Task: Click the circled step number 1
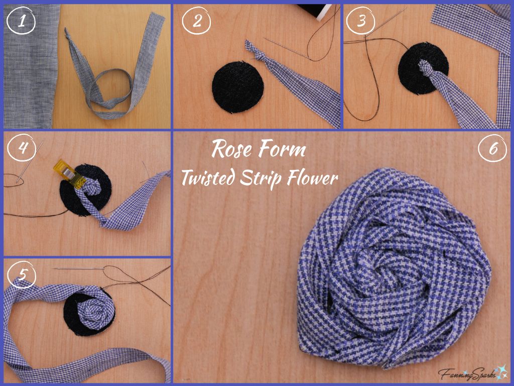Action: pos(20,21)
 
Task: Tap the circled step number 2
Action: pos(196,21)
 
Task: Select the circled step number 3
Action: pos(361,21)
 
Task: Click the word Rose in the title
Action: pos(231,149)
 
